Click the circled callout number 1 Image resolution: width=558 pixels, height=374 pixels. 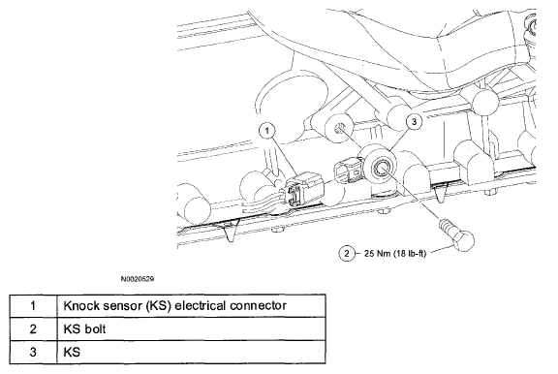(267, 131)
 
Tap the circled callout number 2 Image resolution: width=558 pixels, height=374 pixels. (347, 253)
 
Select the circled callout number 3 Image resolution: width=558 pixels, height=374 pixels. (414, 122)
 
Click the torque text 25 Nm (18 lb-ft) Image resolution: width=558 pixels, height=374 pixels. (395, 253)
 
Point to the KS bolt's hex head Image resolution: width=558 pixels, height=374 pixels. (462, 240)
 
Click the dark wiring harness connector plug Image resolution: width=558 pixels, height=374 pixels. (303, 189)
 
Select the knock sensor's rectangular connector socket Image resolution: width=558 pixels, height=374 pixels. (348, 171)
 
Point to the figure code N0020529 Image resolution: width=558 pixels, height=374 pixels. (138, 279)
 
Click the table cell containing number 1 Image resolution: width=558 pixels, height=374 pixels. (33, 305)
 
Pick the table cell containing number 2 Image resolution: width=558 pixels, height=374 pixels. (33, 328)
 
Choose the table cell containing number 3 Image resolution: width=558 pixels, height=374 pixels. (33, 352)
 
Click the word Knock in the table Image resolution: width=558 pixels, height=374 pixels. (80, 305)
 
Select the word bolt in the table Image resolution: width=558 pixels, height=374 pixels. (95, 328)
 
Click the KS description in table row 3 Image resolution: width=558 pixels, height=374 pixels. (72, 352)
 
